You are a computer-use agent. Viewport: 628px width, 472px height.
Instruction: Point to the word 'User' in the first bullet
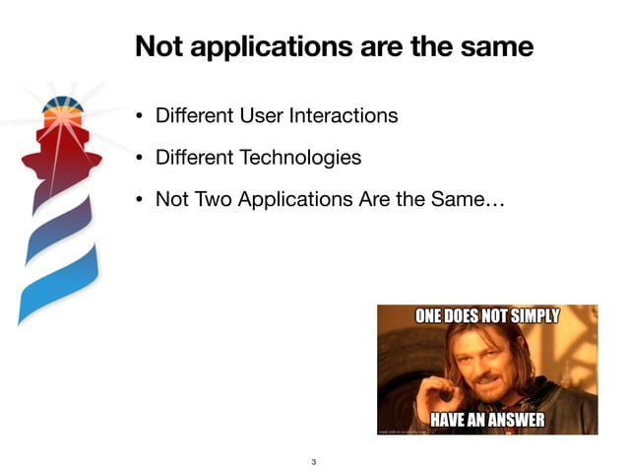(x=263, y=115)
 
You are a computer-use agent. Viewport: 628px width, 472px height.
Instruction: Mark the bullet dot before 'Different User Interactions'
(x=141, y=116)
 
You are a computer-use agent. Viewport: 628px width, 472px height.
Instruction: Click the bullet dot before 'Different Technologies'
(x=141, y=158)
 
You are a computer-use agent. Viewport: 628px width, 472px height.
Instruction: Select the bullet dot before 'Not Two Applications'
(x=141, y=200)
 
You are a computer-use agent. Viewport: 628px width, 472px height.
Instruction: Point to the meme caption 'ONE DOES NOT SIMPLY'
(x=487, y=317)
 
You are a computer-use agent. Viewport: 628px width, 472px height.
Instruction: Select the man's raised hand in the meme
(x=428, y=390)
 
